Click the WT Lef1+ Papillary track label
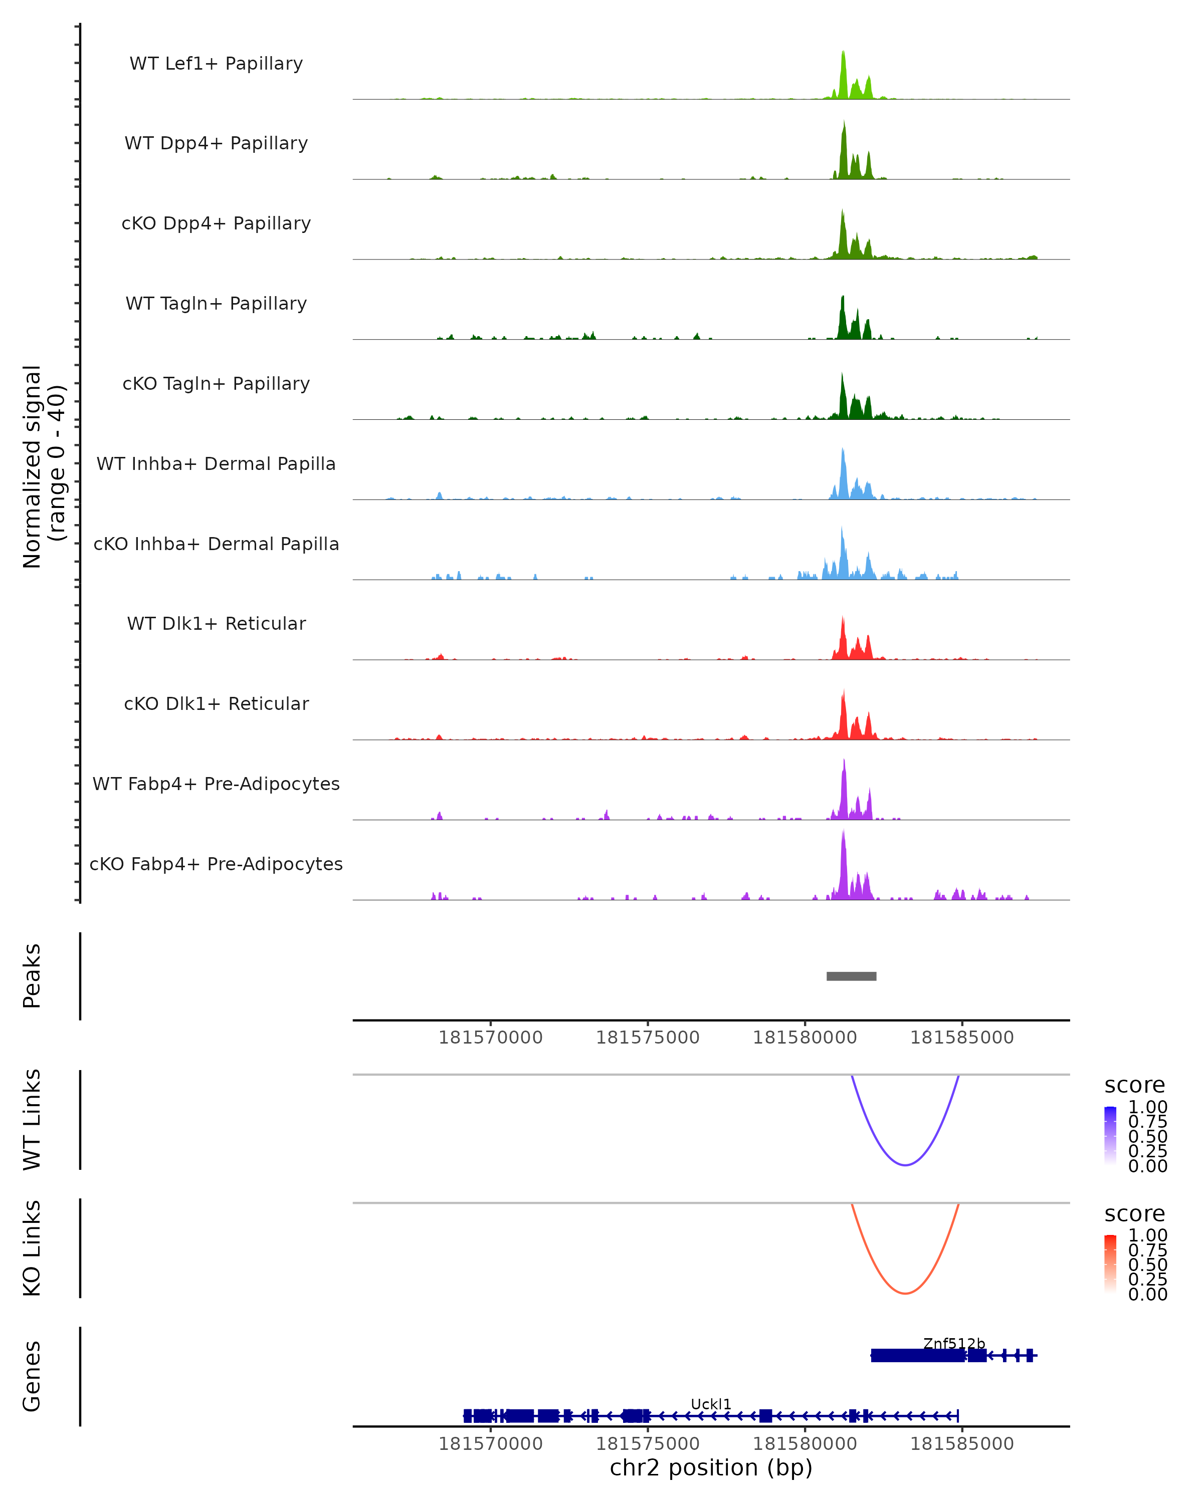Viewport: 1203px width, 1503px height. coord(216,64)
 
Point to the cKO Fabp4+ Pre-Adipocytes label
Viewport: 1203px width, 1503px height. coord(216,864)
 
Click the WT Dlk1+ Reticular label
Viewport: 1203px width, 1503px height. coord(216,623)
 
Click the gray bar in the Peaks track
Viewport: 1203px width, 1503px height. coord(851,976)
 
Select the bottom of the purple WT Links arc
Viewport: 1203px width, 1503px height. coord(905,1165)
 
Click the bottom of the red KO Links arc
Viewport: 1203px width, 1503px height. coord(905,1293)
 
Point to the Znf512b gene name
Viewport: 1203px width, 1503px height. coord(954,1343)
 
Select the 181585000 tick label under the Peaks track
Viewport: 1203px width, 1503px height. coord(962,1038)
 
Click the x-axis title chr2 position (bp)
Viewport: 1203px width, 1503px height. coord(711,1467)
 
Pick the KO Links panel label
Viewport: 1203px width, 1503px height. coord(32,1248)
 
